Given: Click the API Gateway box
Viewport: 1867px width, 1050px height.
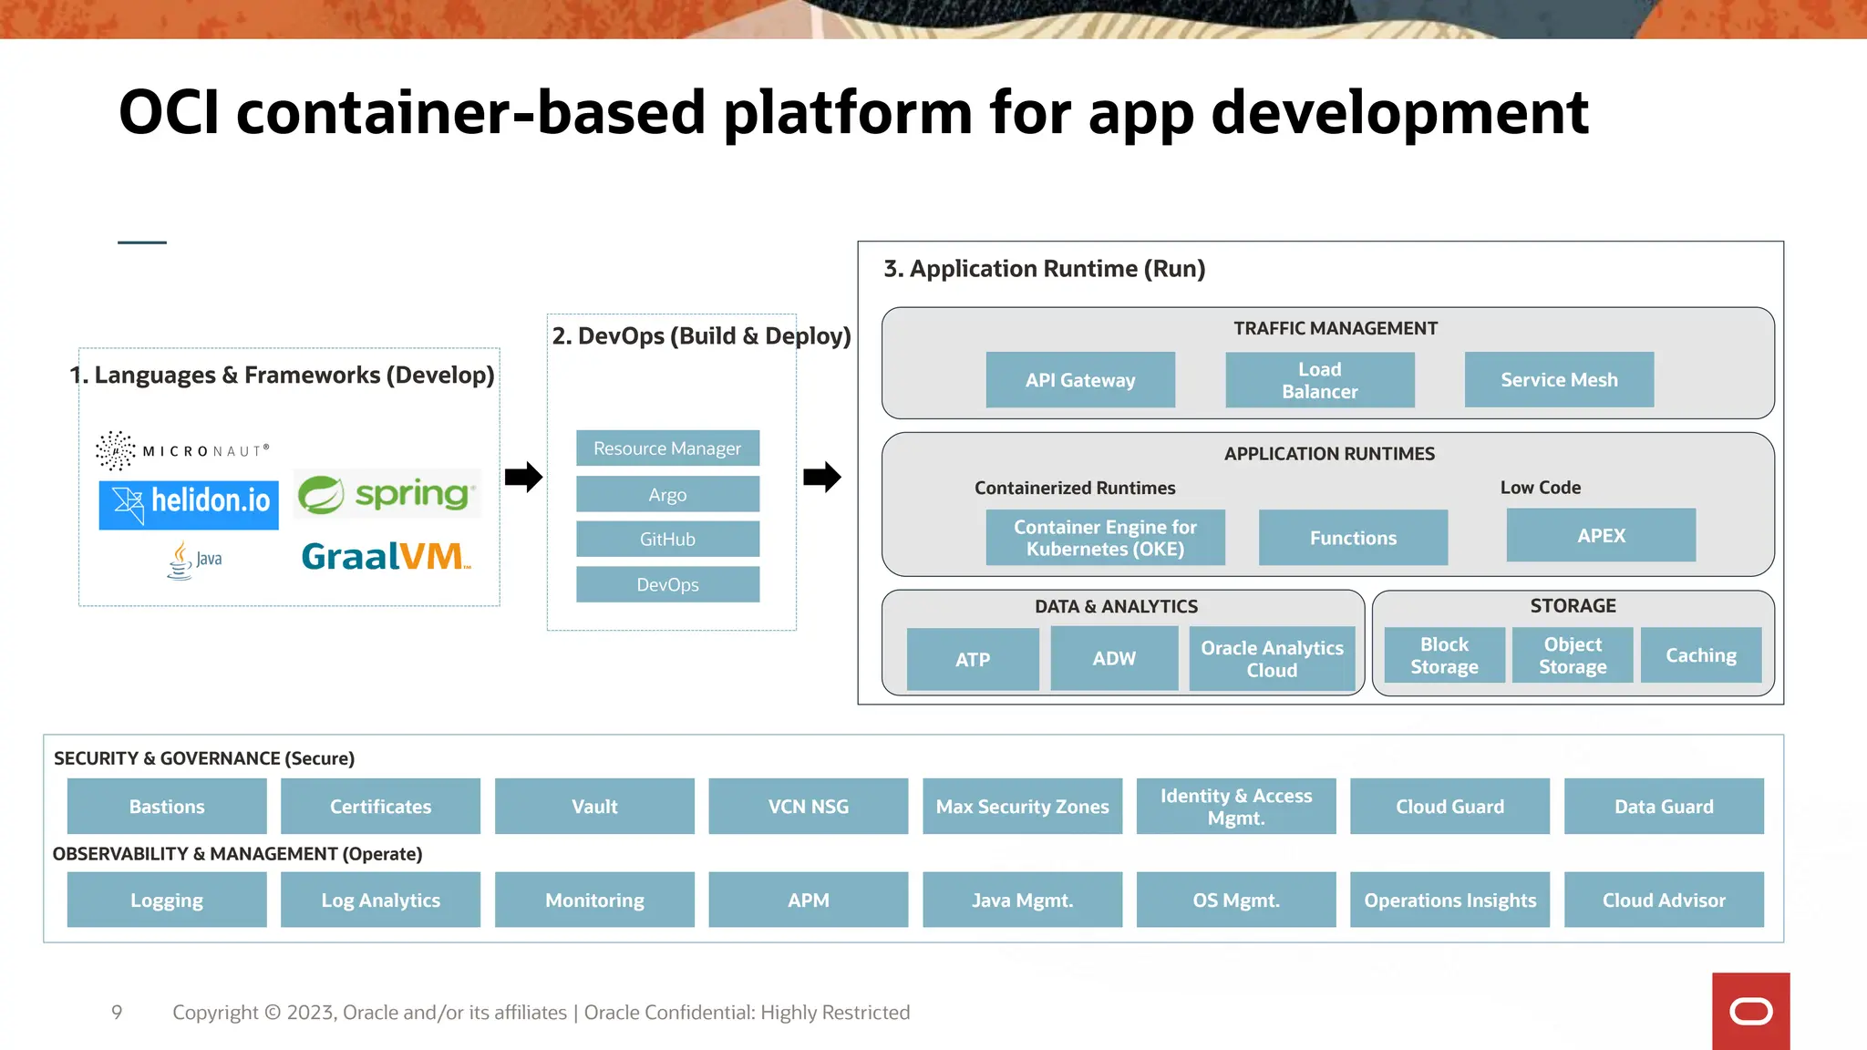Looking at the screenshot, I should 1080,380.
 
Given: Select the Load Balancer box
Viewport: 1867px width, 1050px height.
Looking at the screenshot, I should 1319,380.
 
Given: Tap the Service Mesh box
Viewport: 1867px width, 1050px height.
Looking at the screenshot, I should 1559,380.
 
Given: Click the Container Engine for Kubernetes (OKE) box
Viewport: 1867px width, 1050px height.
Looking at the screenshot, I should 1105,538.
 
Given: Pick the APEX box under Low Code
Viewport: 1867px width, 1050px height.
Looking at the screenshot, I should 1601,536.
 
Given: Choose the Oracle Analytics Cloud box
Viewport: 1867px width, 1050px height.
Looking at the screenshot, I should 1272,659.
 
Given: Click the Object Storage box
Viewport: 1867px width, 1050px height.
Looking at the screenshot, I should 1573,655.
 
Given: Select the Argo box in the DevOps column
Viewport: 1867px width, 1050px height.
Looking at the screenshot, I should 667,495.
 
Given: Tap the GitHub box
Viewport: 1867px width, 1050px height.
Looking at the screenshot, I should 667,540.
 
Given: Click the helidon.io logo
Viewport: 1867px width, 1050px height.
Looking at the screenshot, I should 189,504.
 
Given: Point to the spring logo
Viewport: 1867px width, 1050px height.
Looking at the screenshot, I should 387,494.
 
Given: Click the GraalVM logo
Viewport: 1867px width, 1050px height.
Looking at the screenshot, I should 386,556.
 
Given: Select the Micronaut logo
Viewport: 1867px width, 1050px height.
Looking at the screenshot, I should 182,450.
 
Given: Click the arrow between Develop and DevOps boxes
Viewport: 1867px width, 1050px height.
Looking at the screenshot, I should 523,477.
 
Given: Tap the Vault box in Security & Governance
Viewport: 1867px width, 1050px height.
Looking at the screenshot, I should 594,807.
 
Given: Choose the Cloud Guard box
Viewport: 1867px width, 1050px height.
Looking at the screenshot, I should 1449,807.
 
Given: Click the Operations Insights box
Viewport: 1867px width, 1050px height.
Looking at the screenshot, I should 1449,901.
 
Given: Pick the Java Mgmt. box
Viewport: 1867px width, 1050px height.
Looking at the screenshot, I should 1022,901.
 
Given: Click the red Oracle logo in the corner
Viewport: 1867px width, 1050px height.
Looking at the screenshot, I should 1750,1011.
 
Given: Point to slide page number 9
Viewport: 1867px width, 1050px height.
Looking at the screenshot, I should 117,1013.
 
